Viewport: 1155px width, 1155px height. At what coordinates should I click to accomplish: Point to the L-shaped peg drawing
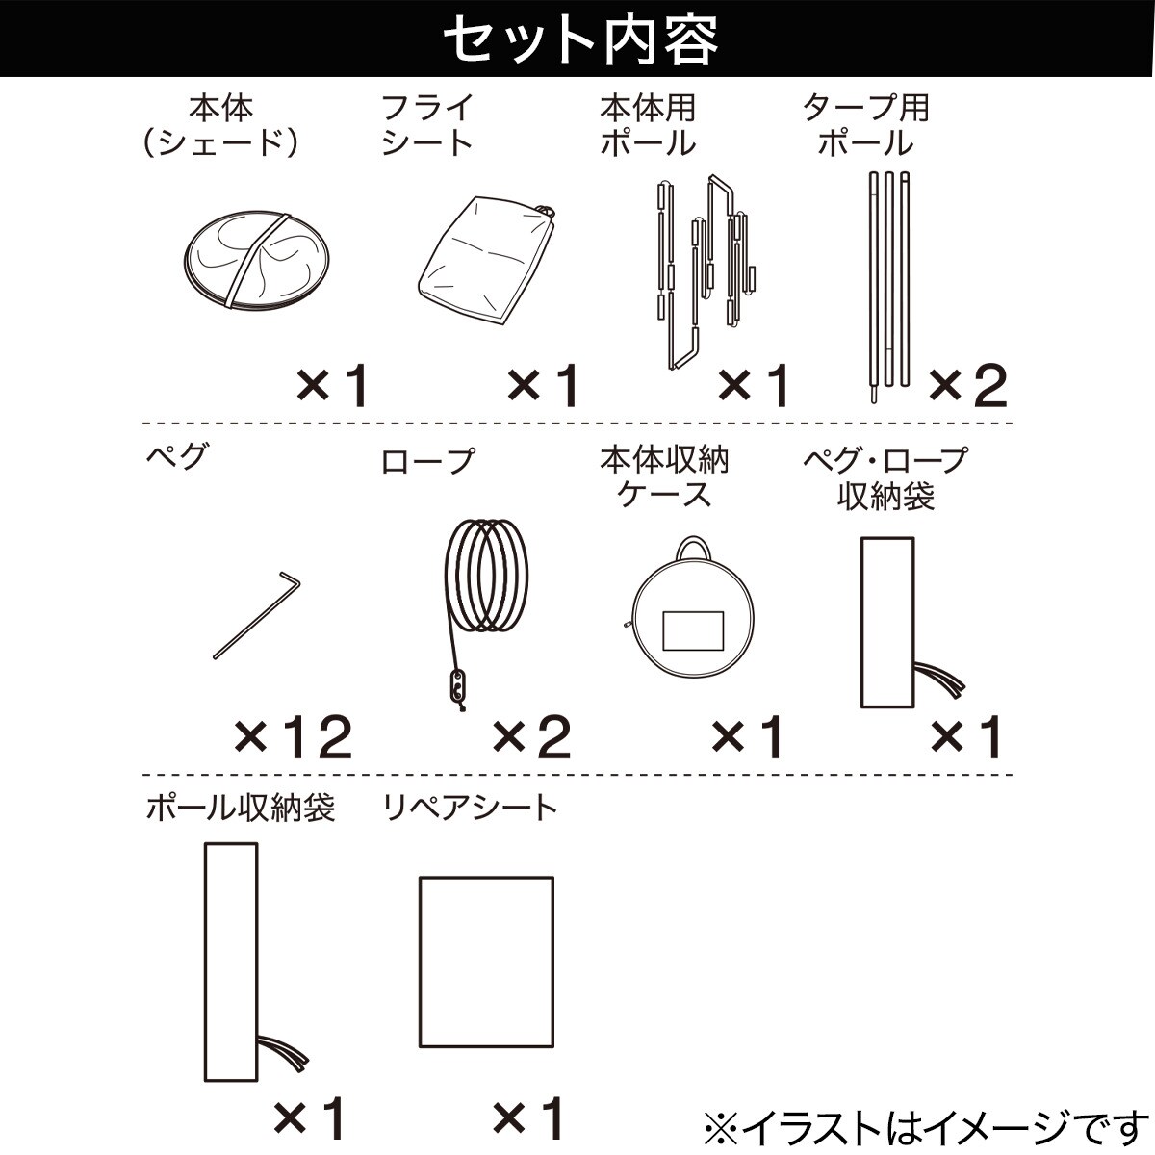pyautogui.click(x=255, y=616)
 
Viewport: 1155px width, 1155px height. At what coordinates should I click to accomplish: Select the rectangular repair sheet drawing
pyautogui.click(x=486, y=962)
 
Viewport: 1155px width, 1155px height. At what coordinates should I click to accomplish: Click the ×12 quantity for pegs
pyautogui.click(x=294, y=738)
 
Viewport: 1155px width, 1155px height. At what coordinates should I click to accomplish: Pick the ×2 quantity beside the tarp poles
pyautogui.click(x=967, y=387)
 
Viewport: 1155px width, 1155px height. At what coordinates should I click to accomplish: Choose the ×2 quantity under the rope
pyautogui.click(x=531, y=738)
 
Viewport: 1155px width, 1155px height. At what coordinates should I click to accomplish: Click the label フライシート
pyautogui.click(x=427, y=125)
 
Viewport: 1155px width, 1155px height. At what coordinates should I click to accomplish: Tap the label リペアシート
pyautogui.click(x=470, y=807)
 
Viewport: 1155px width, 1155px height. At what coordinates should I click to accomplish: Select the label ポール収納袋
pyautogui.click(x=240, y=807)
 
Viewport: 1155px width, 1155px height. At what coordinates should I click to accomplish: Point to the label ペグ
pyautogui.click(x=175, y=455)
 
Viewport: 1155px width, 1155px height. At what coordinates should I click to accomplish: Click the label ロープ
pyautogui.click(x=427, y=461)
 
